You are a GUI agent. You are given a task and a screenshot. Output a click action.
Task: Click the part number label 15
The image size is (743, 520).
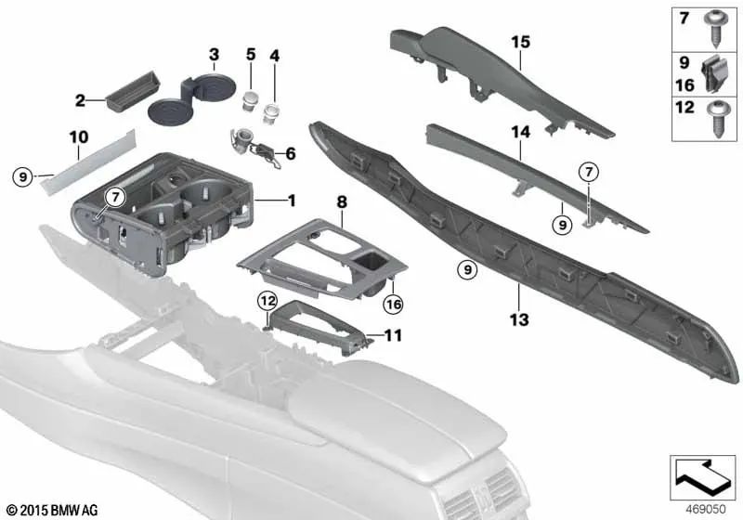(520, 43)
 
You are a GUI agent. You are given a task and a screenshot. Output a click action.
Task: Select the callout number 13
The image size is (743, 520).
(518, 320)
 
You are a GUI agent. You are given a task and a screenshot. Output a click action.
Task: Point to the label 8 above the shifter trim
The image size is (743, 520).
(342, 200)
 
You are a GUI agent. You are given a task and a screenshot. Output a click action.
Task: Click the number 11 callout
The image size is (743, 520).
(393, 336)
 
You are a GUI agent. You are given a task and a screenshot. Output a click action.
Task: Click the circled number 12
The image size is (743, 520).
(267, 300)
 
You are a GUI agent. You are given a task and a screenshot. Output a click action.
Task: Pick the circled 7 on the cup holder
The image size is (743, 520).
(114, 197)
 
